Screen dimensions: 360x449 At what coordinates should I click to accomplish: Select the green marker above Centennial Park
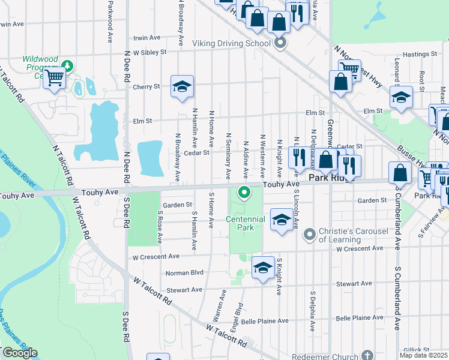click(x=244, y=193)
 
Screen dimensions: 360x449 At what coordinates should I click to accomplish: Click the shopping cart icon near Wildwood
click(x=54, y=77)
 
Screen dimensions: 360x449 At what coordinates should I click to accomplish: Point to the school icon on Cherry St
click(x=181, y=86)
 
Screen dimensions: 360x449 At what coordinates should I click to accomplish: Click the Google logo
click(x=20, y=353)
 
